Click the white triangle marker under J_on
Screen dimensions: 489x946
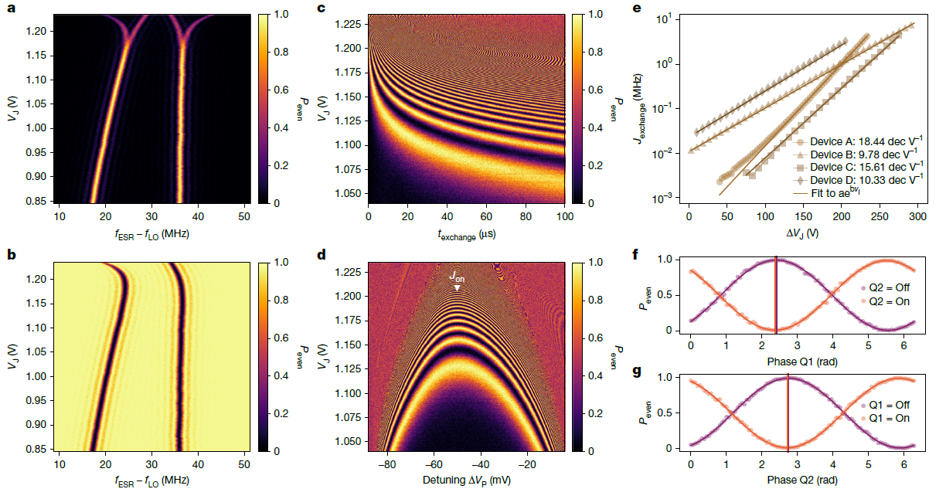pyautogui.click(x=458, y=288)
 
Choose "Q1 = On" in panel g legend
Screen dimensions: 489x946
pyautogui.click(x=890, y=419)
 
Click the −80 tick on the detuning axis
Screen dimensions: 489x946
pyautogui.click(x=389, y=465)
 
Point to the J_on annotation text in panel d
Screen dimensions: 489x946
pyautogui.click(x=457, y=274)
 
